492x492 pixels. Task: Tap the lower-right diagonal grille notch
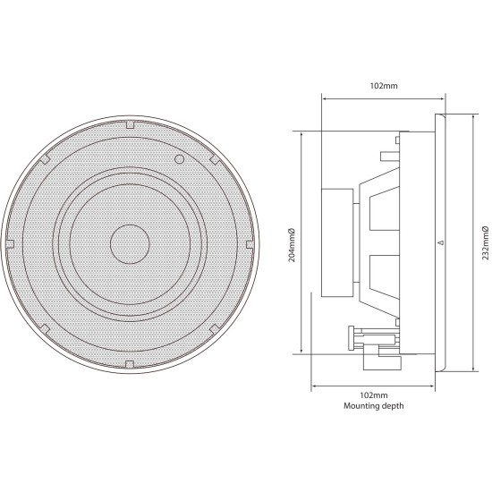pyautogui.click(x=214, y=327)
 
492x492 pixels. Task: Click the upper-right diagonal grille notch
pyautogui.click(x=214, y=159)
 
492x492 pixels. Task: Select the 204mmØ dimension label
pyautogui.click(x=293, y=243)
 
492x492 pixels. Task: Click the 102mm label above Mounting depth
pyautogui.click(x=374, y=394)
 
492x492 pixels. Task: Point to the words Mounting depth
pyautogui.click(x=374, y=405)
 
